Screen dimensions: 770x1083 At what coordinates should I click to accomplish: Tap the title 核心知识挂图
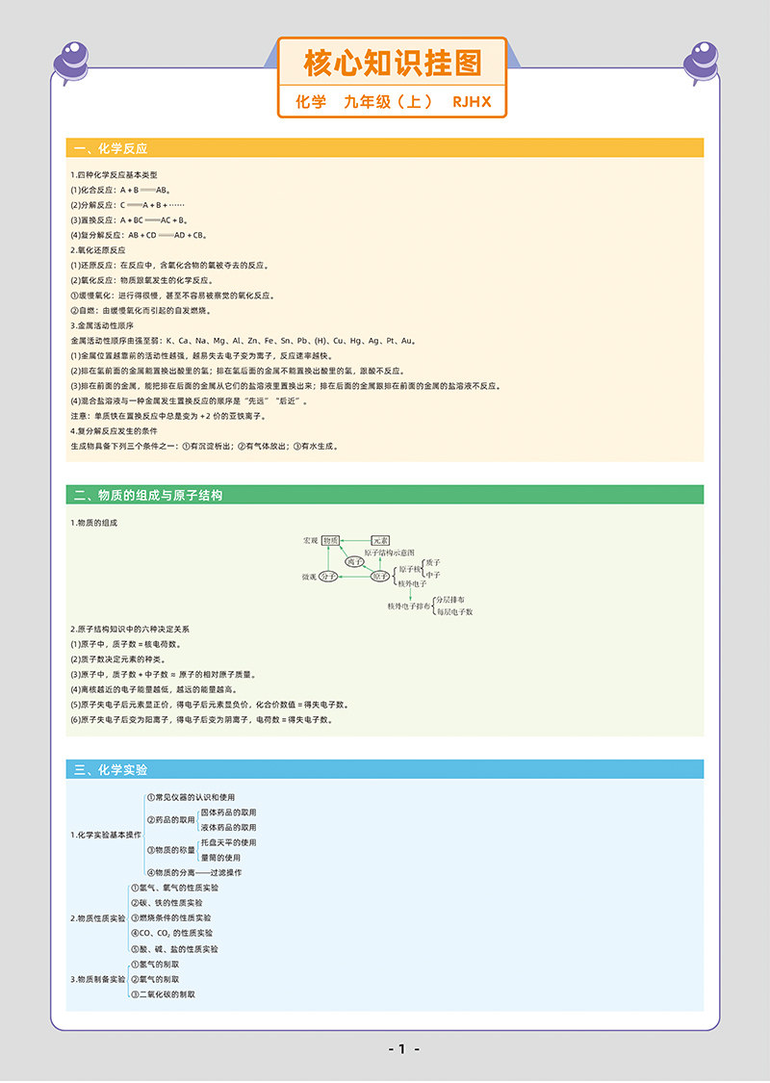tap(392, 64)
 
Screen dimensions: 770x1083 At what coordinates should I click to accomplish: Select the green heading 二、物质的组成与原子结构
tap(148, 495)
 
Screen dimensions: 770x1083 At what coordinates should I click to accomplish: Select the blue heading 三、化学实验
tap(112, 769)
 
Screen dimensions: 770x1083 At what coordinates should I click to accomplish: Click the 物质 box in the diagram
tap(330, 541)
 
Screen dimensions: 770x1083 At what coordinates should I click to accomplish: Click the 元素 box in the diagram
tap(380, 541)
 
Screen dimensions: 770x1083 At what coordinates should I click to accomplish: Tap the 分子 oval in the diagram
tap(329, 576)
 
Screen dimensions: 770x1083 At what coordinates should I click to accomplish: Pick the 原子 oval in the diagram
tap(380, 576)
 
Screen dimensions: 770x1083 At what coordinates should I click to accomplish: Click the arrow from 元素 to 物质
tap(355, 541)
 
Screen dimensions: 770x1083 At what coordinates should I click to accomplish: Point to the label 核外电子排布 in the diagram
tap(408, 606)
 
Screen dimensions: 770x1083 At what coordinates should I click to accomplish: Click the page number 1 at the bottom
tap(402, 1048)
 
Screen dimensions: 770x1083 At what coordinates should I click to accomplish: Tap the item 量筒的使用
tap(220, 857)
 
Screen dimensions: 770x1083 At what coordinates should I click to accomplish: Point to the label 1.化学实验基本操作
tap(106, 835)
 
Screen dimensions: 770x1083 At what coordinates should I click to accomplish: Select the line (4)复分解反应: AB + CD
tap(140, 235)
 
